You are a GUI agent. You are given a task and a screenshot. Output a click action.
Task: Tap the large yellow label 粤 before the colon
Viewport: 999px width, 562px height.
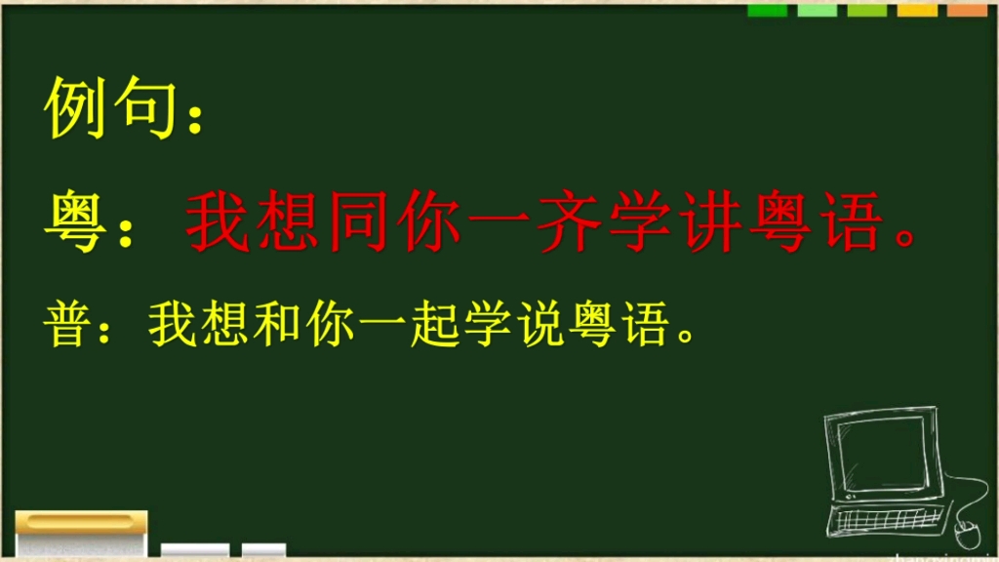(76, 222)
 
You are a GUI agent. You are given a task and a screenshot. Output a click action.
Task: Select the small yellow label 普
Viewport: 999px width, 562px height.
(66, 326)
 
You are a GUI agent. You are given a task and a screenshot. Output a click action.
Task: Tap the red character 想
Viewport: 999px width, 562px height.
(281, 222)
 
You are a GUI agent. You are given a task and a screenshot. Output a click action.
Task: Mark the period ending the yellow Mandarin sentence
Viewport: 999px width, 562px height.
(685, 337)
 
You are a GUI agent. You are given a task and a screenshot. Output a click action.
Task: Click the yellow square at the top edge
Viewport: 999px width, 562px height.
(917, 10)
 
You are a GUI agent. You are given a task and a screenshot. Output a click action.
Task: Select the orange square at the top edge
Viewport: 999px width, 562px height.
(967, 10)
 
